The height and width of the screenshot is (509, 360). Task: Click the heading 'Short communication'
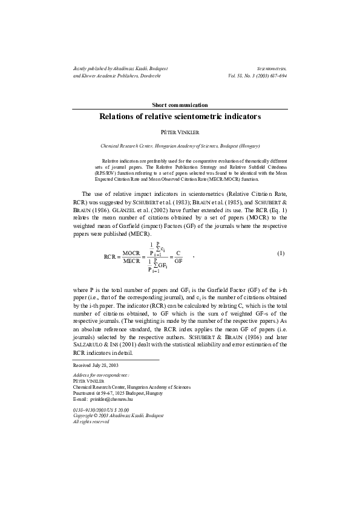(180, 105)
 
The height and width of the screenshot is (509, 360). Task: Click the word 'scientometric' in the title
(206, 116)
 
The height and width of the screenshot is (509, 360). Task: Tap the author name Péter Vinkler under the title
(180, 131)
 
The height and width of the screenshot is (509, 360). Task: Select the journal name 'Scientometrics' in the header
(272, 70)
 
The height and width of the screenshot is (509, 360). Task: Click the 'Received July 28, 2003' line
(96, 366)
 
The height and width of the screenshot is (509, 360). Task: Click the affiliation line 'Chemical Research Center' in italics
(180, 146)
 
